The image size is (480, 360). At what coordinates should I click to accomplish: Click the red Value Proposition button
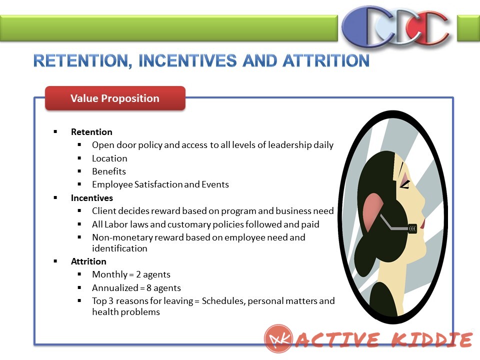click(x=115, y=98)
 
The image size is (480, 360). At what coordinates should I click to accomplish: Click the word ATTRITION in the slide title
click(x=326, y=60)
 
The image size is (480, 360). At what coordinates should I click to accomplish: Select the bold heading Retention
click(x=91, y=132)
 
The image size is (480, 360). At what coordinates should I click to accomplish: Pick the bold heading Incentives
click(x=92, y=198)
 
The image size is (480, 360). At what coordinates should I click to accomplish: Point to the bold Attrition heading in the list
click(x=88, y=261)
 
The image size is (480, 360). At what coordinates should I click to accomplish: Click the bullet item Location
click(x=109, y=158)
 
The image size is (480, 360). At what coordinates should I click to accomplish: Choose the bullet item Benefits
click(x=109, y=171)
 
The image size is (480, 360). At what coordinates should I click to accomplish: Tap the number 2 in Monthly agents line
click(x=138, y=274)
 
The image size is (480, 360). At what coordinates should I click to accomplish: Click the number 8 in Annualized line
click(x=149, y=288)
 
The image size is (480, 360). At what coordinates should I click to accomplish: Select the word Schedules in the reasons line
click(x=223, y=301)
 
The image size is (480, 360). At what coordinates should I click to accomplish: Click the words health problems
click(x=126, y=312)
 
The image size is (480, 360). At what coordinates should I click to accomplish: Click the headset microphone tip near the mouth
click(x=412, y=228)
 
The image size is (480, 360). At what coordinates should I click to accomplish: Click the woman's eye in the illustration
click(x=405, y=184)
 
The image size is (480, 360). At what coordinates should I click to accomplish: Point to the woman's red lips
click(x=423, y=223)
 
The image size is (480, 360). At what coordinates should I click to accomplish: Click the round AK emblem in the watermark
click(x=278, y=339)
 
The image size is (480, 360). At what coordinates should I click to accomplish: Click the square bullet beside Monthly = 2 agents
click(x=79, y=274)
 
